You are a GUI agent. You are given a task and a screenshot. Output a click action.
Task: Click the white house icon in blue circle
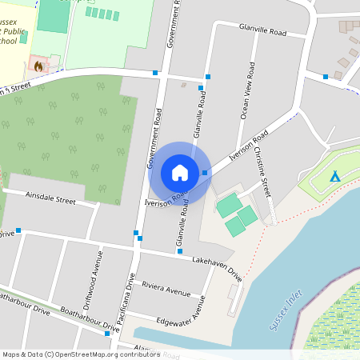pos(179,172)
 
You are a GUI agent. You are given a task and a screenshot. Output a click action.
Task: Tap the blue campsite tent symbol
pos(335,176)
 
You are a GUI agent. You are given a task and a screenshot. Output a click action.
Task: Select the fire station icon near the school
pos(37,64)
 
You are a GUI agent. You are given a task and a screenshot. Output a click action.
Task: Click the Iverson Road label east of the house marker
pos(248,148)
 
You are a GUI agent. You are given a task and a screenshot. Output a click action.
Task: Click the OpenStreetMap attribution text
pos(80,354)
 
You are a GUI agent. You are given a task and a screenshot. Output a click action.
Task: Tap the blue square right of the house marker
pos(206,173)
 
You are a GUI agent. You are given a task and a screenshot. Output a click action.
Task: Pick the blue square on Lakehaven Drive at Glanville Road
pos(180,252)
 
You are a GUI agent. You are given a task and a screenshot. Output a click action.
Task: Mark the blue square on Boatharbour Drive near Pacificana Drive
pos(107,334)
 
